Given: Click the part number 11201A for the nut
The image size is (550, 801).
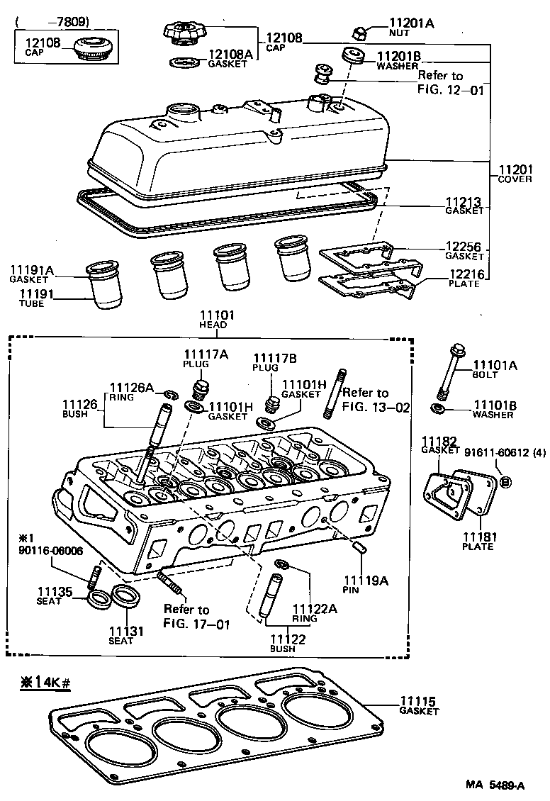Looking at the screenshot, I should pyautogui.click(x=412, y=23).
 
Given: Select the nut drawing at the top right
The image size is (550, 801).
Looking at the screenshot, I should pyautogui.click(x=359, y=30).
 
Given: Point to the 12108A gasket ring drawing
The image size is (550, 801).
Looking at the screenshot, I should pyautogui.click(x=184, y=62).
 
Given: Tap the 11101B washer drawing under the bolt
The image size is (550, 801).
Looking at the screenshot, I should pyautogui.click(x=438, y=409).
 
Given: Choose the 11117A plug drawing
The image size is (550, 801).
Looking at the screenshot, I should pyautogui.click(x=202, y=389).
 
